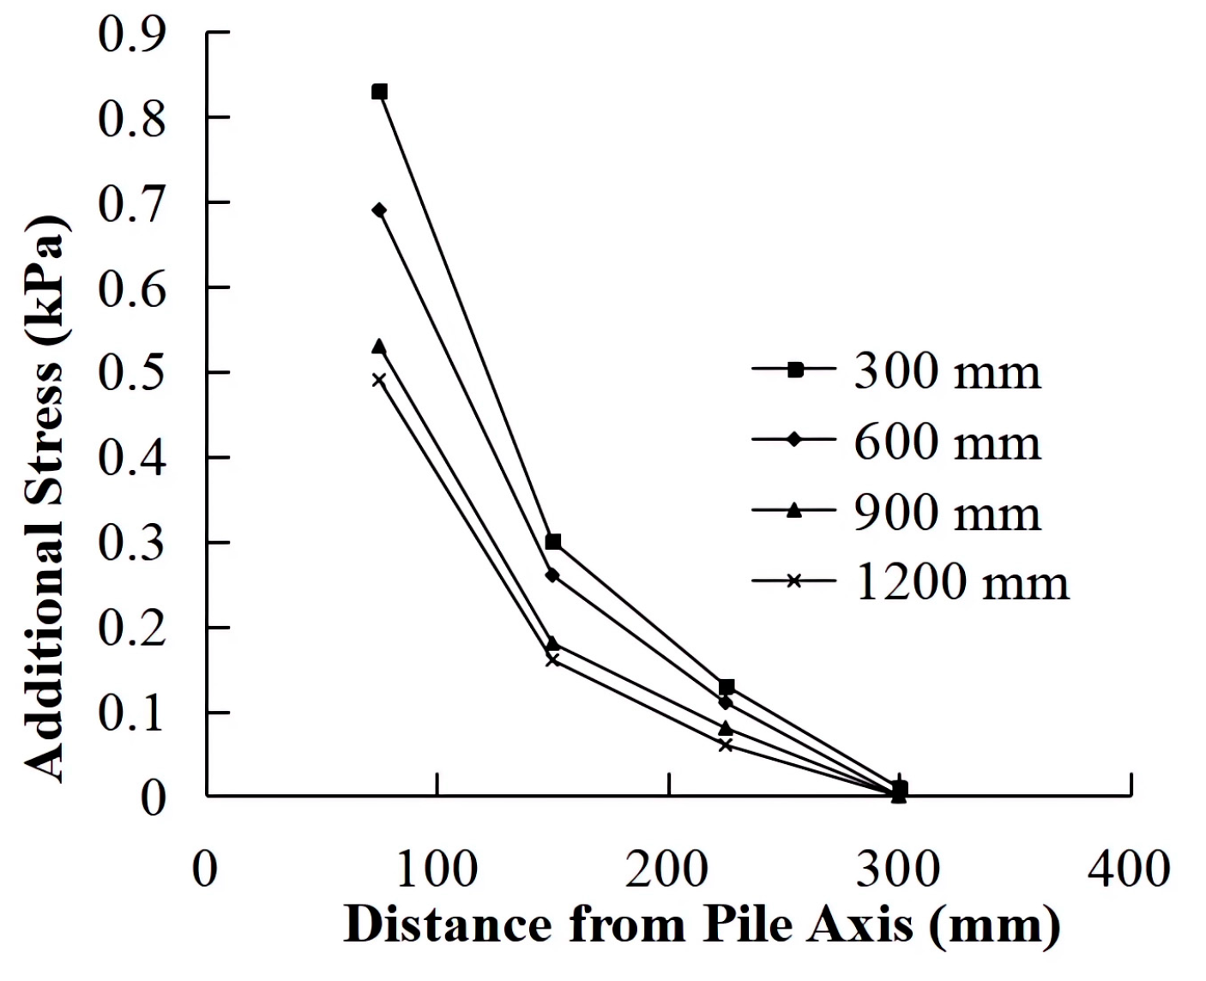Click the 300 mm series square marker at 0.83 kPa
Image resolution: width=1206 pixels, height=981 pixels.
tap(379, 92)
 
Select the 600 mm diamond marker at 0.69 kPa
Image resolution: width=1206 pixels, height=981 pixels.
tap(379, 210)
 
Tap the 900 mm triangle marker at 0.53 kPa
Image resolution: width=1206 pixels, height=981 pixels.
tap(379, 346)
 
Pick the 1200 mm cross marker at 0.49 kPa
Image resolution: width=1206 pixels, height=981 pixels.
tap(379, 380)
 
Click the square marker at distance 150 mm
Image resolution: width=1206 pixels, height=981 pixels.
tap(553, 542)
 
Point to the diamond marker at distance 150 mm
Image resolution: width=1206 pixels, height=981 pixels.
tap(552, 575)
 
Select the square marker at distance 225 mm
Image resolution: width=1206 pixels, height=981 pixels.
tap(727, 687)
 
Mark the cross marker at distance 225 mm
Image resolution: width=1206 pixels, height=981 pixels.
tap(726, 745)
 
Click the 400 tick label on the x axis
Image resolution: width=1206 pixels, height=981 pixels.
tap(1130, 869)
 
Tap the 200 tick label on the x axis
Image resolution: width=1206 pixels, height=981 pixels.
tap(666, 869)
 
